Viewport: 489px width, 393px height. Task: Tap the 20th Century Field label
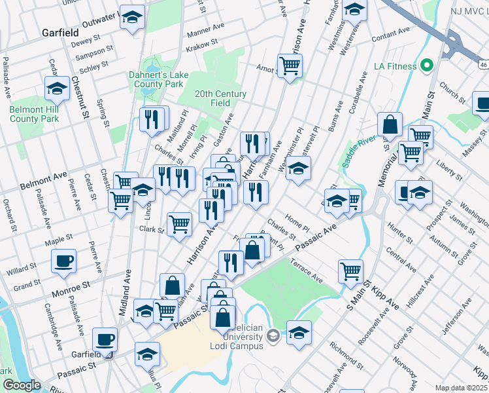coord(221,98)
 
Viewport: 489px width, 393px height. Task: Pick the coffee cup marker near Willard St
coord(64,261)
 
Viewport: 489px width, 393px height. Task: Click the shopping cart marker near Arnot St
coord(289,64)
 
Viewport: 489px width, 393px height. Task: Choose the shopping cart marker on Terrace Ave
coord(350,270)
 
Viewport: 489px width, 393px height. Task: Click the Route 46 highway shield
coord(482,65)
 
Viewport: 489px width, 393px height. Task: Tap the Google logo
coord(21,385)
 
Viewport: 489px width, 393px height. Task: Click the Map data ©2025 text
coord(462,388)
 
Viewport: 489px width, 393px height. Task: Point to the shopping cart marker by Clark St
coord(179,223)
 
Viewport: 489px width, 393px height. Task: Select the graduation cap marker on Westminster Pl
coord(298,169)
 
